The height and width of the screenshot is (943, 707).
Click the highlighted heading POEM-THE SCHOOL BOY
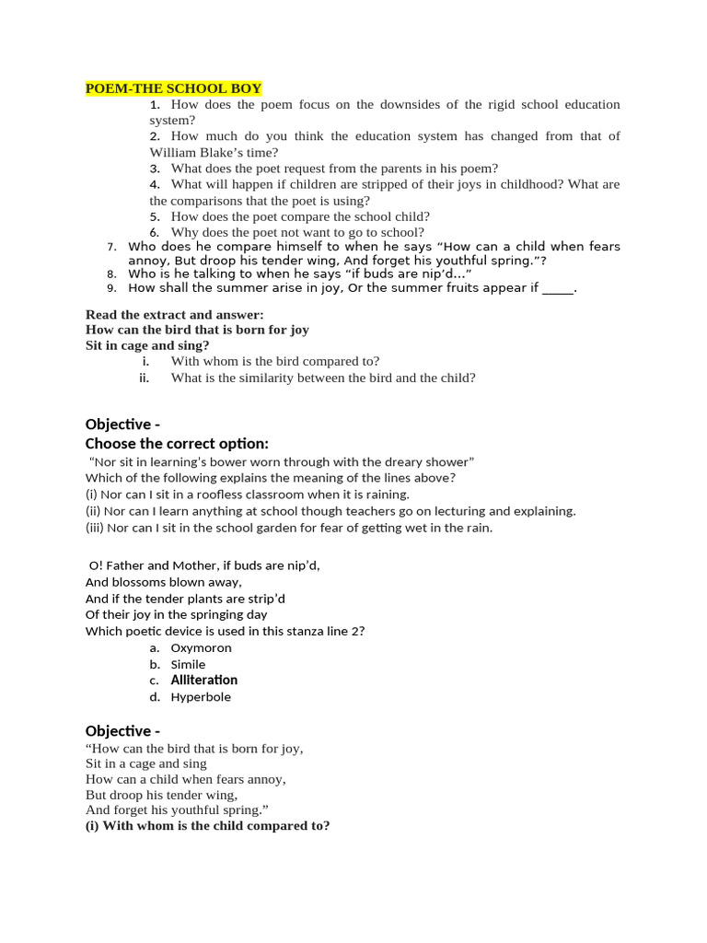click(173, 88)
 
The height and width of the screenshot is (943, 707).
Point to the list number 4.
click(155, 184)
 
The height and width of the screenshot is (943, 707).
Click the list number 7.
click(111, 247)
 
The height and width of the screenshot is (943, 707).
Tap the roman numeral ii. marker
click(144, 378)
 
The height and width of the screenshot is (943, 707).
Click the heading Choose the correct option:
click(177, 444)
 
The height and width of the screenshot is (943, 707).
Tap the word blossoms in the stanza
click(139, 582)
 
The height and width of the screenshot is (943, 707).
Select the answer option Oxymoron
click(201, 647)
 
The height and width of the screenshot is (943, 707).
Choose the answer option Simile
click(188, 664)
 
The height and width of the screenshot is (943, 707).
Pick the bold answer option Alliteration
click(203, 681)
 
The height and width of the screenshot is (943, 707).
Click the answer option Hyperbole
click(201, 697)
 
